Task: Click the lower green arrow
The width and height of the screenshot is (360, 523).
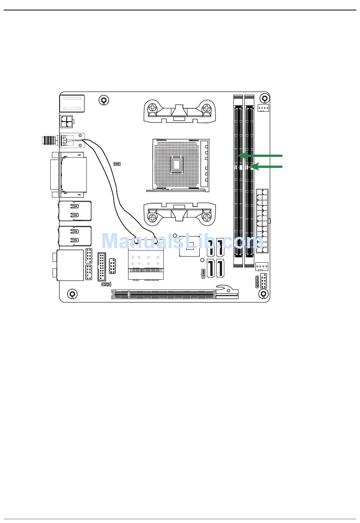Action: [266, 167]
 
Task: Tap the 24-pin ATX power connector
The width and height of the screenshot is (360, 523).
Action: [262, 221]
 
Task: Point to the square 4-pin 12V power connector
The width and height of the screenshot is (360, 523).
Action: [66, 122]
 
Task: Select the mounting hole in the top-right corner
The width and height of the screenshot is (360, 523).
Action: [264, 98]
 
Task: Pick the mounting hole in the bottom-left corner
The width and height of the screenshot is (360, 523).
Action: [72, 294]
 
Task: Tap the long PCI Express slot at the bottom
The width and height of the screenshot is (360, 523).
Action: [175, 294]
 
